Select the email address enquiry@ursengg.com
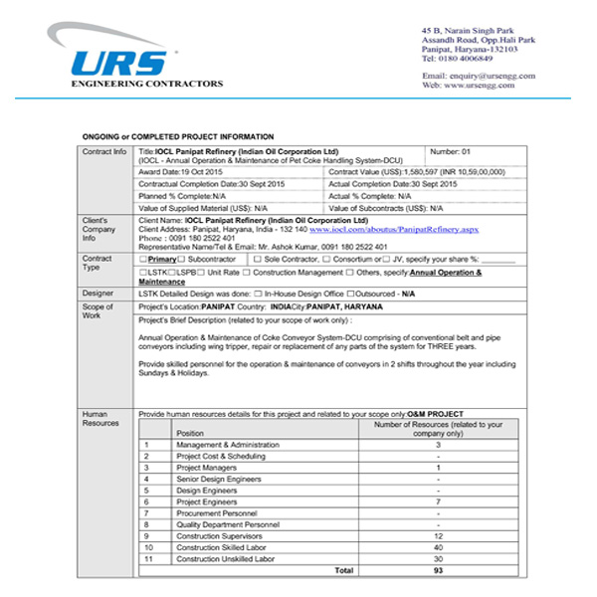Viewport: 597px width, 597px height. tap(492, 76)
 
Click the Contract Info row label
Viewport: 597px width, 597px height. tap(104, 151)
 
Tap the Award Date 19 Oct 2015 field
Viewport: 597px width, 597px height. tap(181, 172)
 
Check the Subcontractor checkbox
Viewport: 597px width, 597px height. tap(183, 259)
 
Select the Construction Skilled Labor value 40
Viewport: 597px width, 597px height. tap(438, 546)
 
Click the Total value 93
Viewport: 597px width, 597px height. tap(438, 570)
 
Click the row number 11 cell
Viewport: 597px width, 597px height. tap(147, 558)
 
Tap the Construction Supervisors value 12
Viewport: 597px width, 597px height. tap(438, 535)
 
